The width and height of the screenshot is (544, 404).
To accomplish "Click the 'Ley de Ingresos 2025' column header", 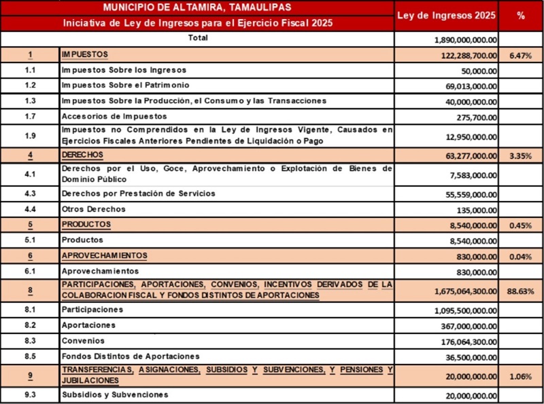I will coord(446,15).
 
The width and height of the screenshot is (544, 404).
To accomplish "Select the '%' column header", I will coord(521,15).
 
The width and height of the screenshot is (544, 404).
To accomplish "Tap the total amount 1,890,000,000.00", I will coord(465,40).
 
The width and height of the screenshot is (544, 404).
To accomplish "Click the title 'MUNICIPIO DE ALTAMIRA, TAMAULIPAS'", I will coord(197,7).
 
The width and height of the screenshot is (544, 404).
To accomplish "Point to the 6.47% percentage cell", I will coord(520,55).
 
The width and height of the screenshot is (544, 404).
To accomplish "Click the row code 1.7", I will coord(30,116).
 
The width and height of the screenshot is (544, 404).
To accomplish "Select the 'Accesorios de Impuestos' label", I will coord(114,116).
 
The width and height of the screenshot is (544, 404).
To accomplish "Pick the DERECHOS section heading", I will coord(82,155).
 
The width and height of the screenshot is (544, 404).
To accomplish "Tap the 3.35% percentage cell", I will coord(520,156).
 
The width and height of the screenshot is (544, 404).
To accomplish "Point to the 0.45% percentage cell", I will coord(520,225).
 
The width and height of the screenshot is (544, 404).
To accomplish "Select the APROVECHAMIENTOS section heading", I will coord(104,255).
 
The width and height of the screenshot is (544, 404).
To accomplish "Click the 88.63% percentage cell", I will coord(520,291).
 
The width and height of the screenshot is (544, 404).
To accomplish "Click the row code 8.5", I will coord(30,356).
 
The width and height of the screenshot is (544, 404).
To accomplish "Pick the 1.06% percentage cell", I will coord(520,375).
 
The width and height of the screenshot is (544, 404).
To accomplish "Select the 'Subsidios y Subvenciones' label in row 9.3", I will coord(114,394).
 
